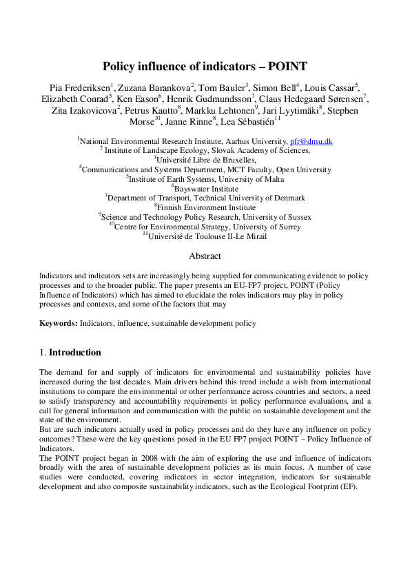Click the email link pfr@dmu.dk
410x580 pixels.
[311, 141]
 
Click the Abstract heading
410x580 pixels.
[205, 256]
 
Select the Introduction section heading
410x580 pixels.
[75, 353]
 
